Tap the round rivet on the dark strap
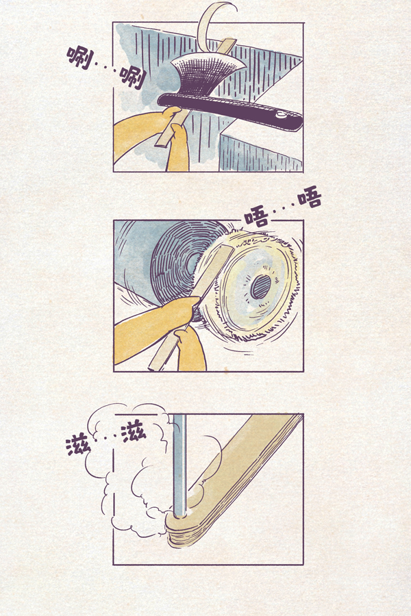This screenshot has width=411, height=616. pos(281,116)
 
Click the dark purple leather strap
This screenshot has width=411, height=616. pos(230,111)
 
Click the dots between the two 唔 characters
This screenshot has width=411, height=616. pos(282,207)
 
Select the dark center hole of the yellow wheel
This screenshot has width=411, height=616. pos(261,287)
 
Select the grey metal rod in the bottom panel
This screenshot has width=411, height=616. pos(179,465)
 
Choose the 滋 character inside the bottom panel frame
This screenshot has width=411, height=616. pos(134,433)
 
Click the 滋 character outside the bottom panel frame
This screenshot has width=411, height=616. pos(79,446)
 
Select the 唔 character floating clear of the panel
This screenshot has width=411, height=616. pos(310,198)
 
